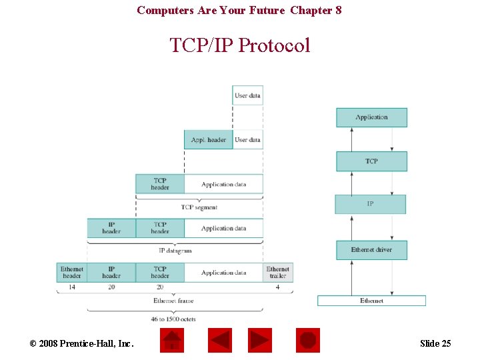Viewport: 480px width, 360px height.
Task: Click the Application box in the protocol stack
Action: [371, 117]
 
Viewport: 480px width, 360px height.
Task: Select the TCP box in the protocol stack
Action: [371, 161]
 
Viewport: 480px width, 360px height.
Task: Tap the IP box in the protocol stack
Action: [370, 204]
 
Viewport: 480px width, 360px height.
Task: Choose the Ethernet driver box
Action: [371, 250]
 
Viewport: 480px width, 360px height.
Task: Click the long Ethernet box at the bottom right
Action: [371, 301]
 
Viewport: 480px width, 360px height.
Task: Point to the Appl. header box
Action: [208, 140]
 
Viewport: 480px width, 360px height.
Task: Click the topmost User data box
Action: [247, 95]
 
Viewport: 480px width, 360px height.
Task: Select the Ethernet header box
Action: [72, 273]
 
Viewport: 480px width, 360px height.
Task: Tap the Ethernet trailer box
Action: [278, 273]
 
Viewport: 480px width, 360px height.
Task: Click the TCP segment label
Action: [199, 207]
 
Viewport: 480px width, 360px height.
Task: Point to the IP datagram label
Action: [175, 251]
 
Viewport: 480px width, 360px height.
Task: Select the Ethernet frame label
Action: [173, 301]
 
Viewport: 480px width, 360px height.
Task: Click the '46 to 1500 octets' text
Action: [173, 319]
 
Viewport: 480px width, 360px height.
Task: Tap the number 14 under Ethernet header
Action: [72, 287]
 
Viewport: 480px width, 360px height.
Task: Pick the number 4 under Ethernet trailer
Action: [278, 287]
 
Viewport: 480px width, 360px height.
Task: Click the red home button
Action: [172, 341]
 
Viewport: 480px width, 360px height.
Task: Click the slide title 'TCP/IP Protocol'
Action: [240, 45]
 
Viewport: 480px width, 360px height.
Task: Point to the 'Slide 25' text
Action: [435, 343]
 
